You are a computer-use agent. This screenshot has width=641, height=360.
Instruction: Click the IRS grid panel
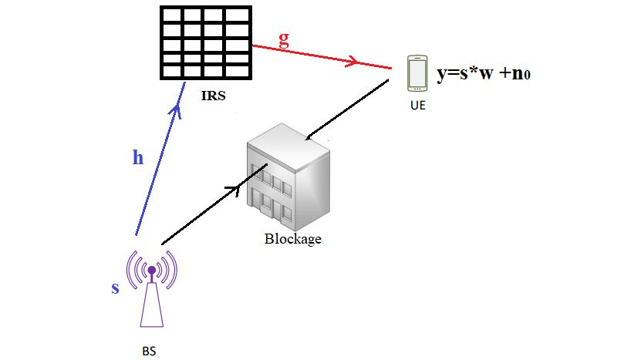[x=207, y=42]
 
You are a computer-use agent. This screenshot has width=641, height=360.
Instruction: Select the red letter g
[x=284, y=41]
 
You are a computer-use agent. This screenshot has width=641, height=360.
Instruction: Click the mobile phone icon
[x=417, y=73]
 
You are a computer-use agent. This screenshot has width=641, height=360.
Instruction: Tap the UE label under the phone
[x=417, y=106]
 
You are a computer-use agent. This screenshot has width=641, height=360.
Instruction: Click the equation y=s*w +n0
[x=485, y=74]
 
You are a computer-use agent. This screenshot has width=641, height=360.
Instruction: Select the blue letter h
[x=138, y=158]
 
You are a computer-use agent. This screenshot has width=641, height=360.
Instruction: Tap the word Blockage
[x=292, y=239]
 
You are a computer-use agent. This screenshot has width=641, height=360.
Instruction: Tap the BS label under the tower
[x=149, y=351]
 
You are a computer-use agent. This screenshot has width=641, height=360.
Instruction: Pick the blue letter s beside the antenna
[x=116, y=288]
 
